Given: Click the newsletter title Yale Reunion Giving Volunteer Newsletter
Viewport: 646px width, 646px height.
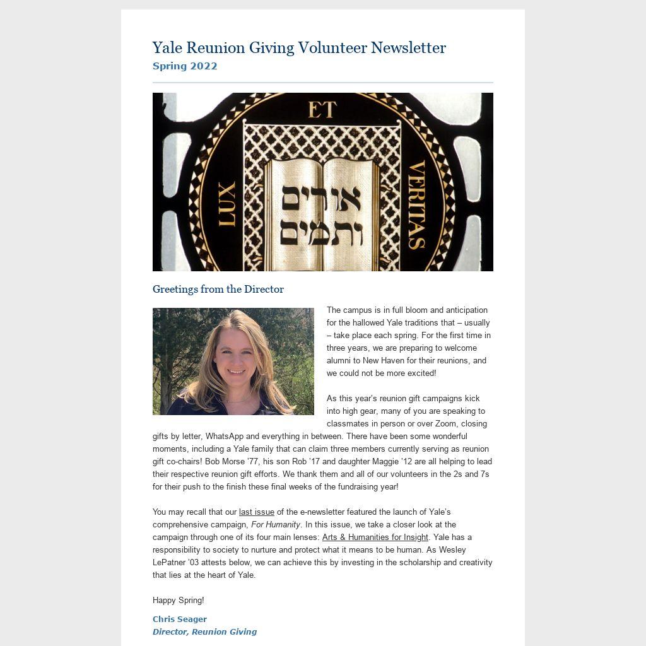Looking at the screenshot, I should (299, 48).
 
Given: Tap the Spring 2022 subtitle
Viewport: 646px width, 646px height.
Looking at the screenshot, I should (185, 66).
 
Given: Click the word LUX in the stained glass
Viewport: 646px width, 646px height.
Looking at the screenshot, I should (226, 204).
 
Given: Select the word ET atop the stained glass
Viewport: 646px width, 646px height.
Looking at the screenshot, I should (322, 110).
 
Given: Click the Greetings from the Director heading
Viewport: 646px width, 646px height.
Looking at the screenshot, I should (218, 290).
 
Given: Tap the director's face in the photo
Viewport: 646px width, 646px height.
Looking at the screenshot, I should (235, 359).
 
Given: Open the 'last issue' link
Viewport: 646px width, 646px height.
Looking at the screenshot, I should (257, 512).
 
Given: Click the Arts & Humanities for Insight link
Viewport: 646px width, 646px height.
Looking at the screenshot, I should (375, 537).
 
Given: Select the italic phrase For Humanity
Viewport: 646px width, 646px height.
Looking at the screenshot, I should (276, 525).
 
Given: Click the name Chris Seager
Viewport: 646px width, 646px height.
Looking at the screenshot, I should (180, 620).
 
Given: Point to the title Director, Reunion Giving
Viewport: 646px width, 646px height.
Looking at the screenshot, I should (204, 632).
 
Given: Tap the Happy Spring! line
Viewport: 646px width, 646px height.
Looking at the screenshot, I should (179, 601).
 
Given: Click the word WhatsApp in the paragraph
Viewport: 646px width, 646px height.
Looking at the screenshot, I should (225, 437).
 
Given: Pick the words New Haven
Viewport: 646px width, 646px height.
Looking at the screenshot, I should (384, 361).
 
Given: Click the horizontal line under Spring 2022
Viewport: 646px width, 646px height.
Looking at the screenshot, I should (322, 83).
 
